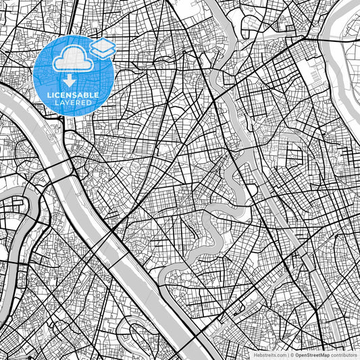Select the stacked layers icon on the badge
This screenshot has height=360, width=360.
103,48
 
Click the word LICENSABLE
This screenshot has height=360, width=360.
73,96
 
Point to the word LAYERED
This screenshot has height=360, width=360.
73,104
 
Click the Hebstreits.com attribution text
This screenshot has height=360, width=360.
269,355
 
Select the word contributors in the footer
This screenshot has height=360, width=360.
344,355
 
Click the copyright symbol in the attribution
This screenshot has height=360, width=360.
292,355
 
